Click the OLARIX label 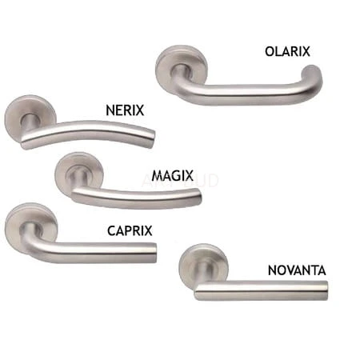coord(287,51)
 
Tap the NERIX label coord(125,110)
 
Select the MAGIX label coord(172,176)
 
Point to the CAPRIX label coord(130,231)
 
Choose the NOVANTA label coord(297,270)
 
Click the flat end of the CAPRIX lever coord(154,253)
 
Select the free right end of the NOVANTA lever coord(325,290)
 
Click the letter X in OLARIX coord(306,51)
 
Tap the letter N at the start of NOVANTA coord(272,270)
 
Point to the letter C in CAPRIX coord(111,231)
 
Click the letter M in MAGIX coord(157,176)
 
